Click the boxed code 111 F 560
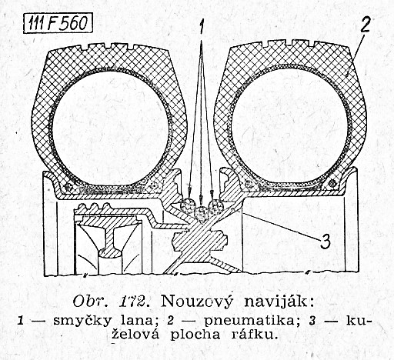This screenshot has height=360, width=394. coord(58,24)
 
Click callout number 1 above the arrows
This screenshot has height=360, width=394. coord(202,27)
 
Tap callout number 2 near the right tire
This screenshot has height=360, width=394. coord(366,22)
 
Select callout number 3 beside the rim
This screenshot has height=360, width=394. coord(325,242)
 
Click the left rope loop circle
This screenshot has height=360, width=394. coord(188,205)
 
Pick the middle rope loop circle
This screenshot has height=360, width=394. coord(202,213)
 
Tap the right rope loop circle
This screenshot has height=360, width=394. coord(216,205)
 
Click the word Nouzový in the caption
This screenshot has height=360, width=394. coord(197,302)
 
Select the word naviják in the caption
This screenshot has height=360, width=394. coord(278,302)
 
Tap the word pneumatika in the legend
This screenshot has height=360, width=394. coord(250,322)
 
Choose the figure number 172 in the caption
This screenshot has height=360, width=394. coord(133,302)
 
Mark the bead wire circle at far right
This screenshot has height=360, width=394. coord(332,182)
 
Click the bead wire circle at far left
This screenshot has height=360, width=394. coord(68,187)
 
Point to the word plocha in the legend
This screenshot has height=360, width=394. coord(195,335)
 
